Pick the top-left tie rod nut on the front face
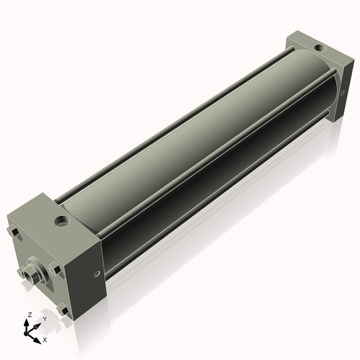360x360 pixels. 13,232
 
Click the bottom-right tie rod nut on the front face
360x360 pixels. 64,311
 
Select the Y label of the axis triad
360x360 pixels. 45,318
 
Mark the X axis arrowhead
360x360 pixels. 38,336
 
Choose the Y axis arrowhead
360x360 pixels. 39,323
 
